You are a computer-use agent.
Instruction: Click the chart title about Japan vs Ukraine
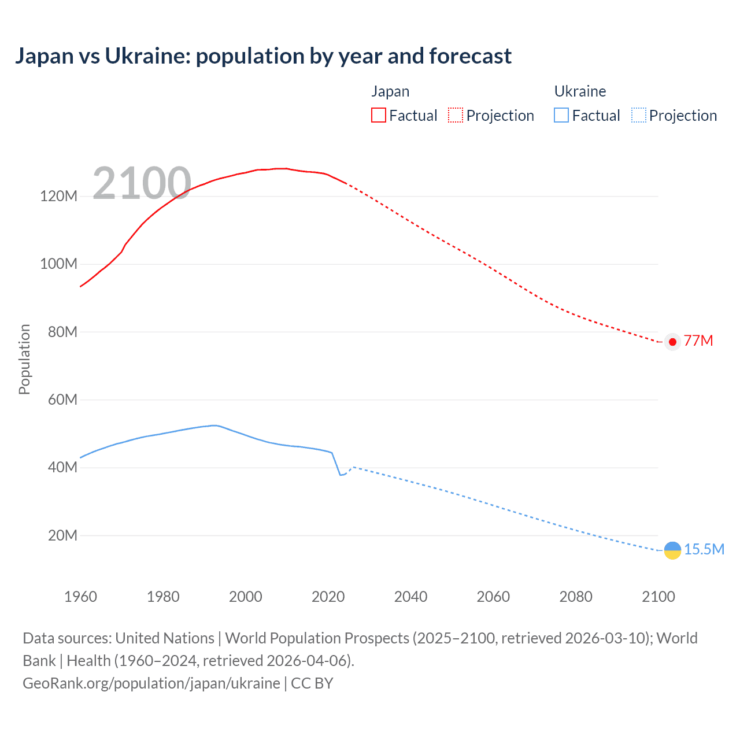point(263,56)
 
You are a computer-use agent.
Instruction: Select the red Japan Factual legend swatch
point(378,115)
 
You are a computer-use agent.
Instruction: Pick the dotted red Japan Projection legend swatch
point(456,115)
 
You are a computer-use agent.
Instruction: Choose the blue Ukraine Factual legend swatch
point(561,115)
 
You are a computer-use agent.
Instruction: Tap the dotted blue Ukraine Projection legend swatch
point(639,115)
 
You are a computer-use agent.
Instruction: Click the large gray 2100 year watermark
point(142,183)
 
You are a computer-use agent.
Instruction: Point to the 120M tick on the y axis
point(58,196)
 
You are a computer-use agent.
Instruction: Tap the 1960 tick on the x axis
point(80,597)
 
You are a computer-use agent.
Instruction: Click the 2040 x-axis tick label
point(410,597)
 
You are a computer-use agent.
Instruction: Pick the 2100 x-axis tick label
point(658,597)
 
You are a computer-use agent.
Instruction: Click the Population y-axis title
point(24,359)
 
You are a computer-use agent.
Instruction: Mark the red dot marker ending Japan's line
point(672,342)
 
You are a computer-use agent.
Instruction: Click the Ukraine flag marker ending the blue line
point(672,550)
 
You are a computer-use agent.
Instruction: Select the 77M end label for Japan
point(698,341)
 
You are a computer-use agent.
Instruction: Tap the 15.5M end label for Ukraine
point(704,549)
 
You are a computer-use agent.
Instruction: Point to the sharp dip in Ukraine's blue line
point(341,475)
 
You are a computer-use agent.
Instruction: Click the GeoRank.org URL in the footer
point(151,683)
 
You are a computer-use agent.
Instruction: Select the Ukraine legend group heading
point(580,91)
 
